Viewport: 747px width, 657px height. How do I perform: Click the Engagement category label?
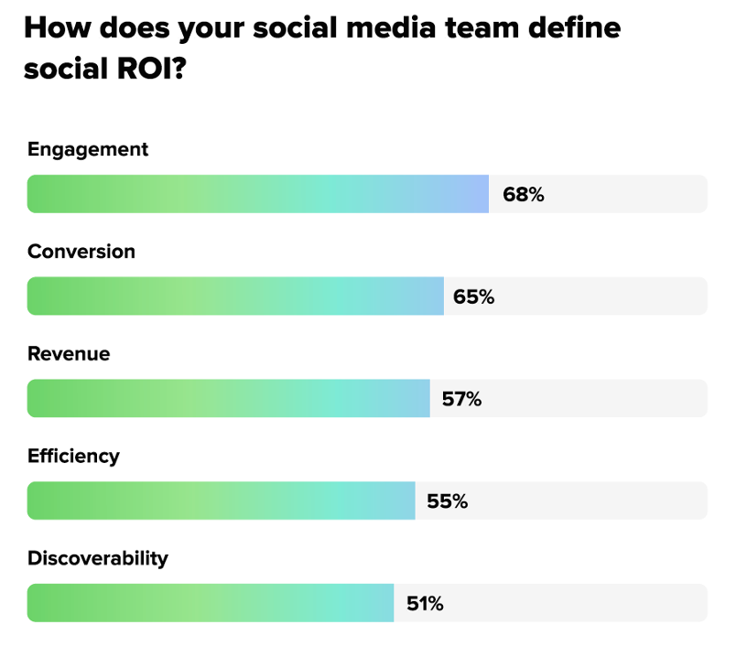coord(88,149)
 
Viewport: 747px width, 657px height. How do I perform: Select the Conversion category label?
coord(81,252)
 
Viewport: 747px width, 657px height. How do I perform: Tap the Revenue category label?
coord(69,354)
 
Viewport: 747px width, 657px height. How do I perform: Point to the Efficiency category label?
coord(74,456)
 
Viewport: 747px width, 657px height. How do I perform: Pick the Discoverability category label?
coord(98,558)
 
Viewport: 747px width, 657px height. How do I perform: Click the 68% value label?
coord(523,194)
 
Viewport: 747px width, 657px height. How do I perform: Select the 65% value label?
coord(473,296)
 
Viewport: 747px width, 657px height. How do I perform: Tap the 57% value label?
coord(460,399)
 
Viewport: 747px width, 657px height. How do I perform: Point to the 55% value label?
coord(447,501)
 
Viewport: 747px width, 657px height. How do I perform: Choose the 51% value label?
coord(424,604)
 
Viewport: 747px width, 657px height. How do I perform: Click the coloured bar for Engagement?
coord(258,194)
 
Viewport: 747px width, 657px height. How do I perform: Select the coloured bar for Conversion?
coord(235,296)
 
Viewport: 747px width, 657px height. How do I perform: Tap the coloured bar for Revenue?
coord(229,399)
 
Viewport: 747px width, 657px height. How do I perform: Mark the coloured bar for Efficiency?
coord(222,501)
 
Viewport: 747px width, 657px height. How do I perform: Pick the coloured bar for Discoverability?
coord(211,604)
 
